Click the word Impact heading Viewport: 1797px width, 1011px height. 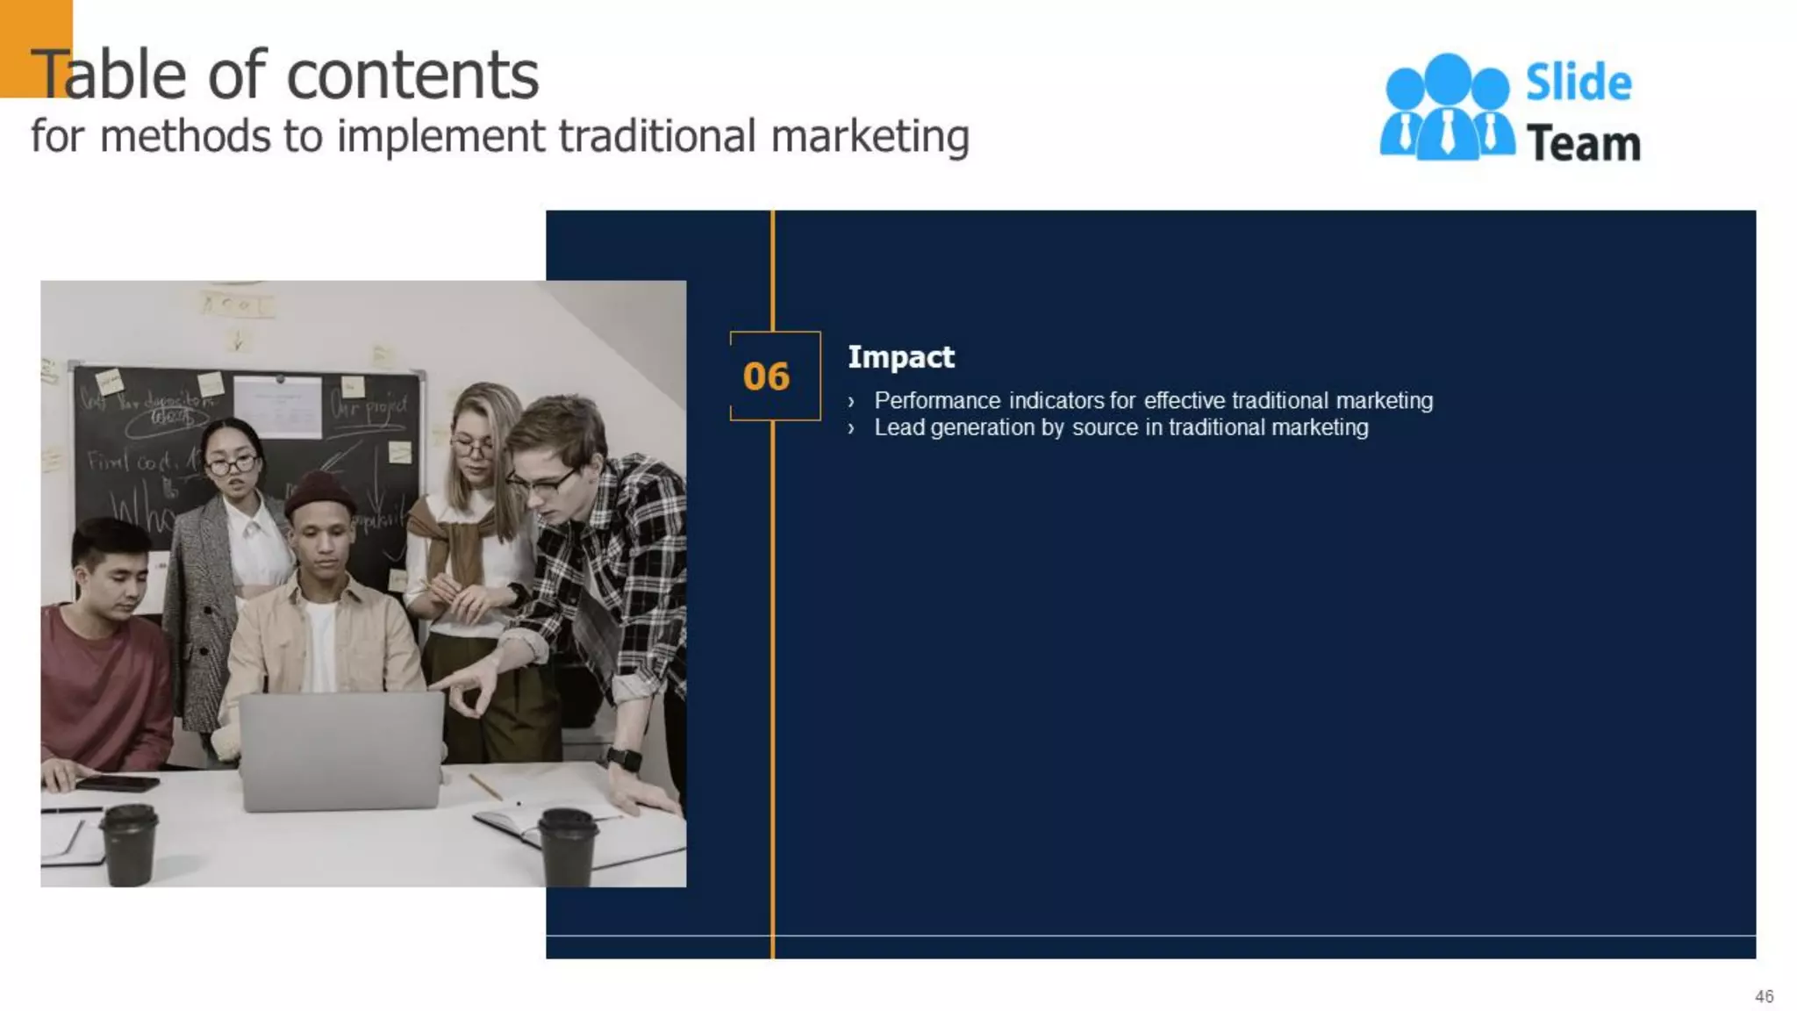pyautogui.click(x=900, y=357)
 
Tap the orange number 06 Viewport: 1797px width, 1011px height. pyautogui.click(x=766, y=376)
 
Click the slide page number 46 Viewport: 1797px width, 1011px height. pyautogui.click(x=1764, y=996)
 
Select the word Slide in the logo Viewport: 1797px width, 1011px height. pyautogui.click(x=1578, y=83)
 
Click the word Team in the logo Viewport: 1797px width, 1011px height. pyautogui.click(x=1583, y=144)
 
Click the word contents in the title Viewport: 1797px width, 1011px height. pyautogui.click(x=412, y=75)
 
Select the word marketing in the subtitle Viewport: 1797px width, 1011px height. pyautogui.click(x=870, y=137)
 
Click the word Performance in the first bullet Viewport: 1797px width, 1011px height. pyautogui.click(x=937, y=401)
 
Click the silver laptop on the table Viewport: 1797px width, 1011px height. pyautogui.click(x=341, y=750)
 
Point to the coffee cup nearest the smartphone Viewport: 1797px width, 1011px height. pyautogui.click(x=130, y=844)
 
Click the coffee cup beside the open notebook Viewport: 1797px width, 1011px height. pyautogui.click(x=568, y=846)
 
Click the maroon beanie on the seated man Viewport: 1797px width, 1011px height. pyautogui.click(x=319, y=493)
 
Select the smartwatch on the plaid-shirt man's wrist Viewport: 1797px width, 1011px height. pyautogui.click(x=623, y=759)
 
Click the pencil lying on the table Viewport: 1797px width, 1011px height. pyautogui.click(x=485, y=786)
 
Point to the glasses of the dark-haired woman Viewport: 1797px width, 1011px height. pyautogui.click(x=232, y=463)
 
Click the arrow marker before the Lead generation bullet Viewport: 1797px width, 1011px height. pyautogui.click(x=851, y=429)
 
